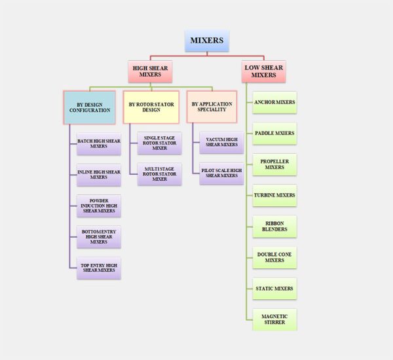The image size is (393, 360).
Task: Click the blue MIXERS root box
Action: click(207, 41)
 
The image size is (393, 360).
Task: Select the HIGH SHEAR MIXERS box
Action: click(150, 71)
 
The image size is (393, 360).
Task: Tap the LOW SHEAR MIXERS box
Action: click(264, 71)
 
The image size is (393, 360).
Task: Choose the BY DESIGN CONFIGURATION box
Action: click(90, 107)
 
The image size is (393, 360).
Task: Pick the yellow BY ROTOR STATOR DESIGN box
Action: click(151, 107)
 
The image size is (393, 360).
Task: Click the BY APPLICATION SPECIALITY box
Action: click(212, 107)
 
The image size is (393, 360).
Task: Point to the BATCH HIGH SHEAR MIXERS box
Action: click(99, 144)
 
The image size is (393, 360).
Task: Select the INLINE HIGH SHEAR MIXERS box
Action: click(99, 175)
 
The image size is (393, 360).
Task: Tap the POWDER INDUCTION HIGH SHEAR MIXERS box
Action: click(99, 206)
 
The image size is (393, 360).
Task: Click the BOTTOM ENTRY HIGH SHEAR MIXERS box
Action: click(99, 237)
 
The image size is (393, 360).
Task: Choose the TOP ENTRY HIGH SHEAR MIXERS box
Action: click(99, 268)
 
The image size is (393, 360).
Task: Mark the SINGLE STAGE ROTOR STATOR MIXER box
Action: click(159, 143)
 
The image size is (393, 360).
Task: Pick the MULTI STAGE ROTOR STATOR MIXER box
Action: click(159, 174)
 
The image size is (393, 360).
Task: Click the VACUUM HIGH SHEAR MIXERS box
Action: click(221, 142)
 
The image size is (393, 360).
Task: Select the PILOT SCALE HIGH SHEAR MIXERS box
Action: click(221, 173)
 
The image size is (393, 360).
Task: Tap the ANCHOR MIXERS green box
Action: click(274, 103)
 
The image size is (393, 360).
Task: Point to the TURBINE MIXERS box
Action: click(274, 196)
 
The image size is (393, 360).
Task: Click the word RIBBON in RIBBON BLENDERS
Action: click(274, 223)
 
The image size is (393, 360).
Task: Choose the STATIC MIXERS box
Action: click(274, 289)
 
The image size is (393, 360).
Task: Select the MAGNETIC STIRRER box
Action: click(274, 319)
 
